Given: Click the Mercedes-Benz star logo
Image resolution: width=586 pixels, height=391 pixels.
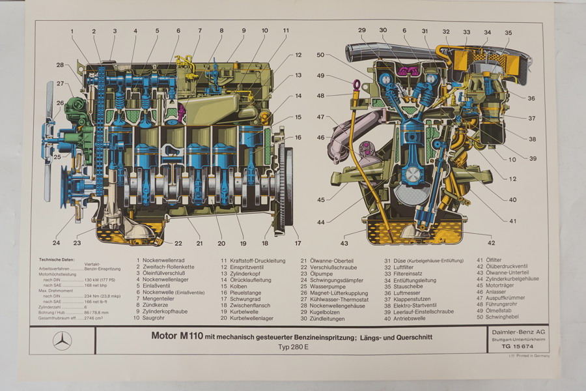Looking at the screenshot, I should pos(63,340).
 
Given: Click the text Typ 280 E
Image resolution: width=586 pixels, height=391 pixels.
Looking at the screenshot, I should pos(291,347).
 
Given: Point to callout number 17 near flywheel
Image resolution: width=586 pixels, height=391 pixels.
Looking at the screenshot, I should pos(298,244).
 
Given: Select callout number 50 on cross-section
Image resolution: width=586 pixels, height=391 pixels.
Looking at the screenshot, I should pos(320,55).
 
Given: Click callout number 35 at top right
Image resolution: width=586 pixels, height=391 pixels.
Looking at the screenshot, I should pos(508,32).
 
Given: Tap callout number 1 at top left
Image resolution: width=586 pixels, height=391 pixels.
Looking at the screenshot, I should pos(72,31).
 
